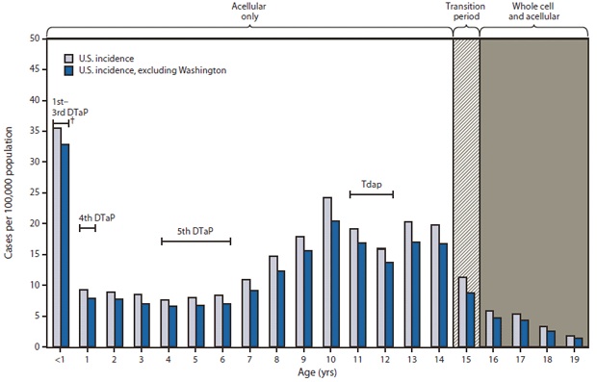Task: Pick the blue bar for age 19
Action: pyautogui.click(x=579, y=342)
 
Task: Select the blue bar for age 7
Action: pyautogui.click(x=254, y=318)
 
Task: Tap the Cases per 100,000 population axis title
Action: pyautogui.click(x=11, y=192)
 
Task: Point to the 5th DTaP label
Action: pyautogui.click(x=195, y=229)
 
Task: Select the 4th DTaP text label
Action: pyautogui.click(x=96, y=217)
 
